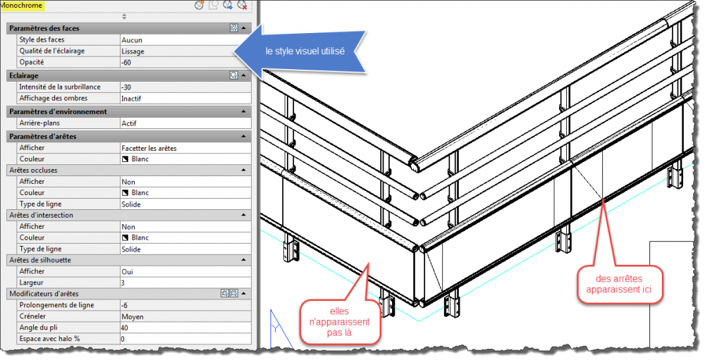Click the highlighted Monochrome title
pyautogui.click(x=22, y=6)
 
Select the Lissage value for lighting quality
pyautogui.click(x=133, y=51)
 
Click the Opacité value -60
pyautogui.click(x=126, y=63)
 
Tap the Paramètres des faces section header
pyautogui.click(x=44, y=28)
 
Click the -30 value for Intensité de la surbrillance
pyautogui.click(x=126, y=87)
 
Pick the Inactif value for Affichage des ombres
pyautogui.click(x=131, y=99)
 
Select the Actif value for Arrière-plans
pyautogui.click(x=129, y=123)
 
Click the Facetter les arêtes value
pyautogui.click(x=149, y=148)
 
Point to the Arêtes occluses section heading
pyautogui.click(x=33, y=170)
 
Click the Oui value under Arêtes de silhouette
pyautogui.click(x=127, y=271)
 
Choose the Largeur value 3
pyautogui.click(x=123, y=283)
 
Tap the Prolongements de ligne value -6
pyautogui.click(x=125, y=305)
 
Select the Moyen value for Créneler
pyautogui.click(x=133, y=316)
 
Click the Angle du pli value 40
pyautogui.click(x=125, y=328)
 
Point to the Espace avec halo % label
pyautogui.click(x=49, y=339)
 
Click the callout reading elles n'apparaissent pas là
pyautogui.click(x=340, y=322)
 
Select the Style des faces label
pyautogui.click(x=42, y=39)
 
